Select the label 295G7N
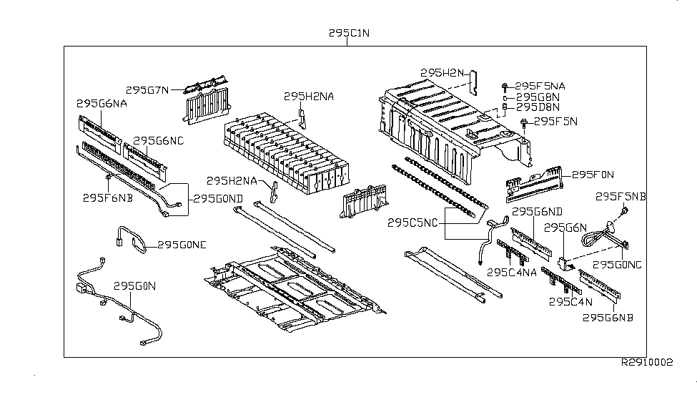pos(147,90)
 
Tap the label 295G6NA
pos(102,103)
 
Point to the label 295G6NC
pos(158,140)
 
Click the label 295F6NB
pos(109,197)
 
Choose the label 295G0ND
pos(215,198)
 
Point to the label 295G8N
pos(537,97)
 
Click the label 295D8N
pos(537,108)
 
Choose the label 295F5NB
pos(621,196)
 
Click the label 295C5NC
pos(413,223)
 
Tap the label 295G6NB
pos(608,317)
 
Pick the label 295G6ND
pos(538,212)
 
